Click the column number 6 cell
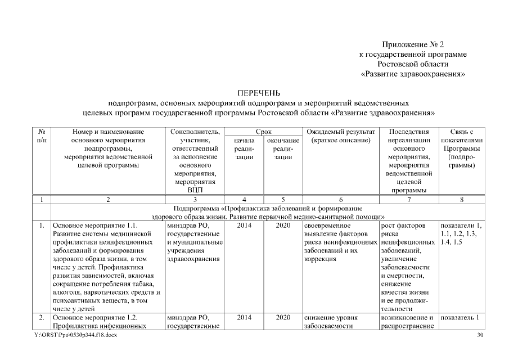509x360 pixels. pyautogui.click(x=340, y=199)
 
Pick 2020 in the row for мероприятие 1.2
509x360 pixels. pyautogui.click(x=283, y=317)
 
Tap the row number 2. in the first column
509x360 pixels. pyautogui.click(x=42, y=317)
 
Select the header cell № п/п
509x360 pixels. pyautogui.click(x=42, y=136)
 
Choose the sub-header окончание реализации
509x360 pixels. pyautogui.click(x=283, y=148)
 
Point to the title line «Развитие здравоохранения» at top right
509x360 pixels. pyautogui.click(x=413, y=73)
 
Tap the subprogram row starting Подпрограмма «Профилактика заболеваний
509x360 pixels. pyautogui.click(x=267, y=212)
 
